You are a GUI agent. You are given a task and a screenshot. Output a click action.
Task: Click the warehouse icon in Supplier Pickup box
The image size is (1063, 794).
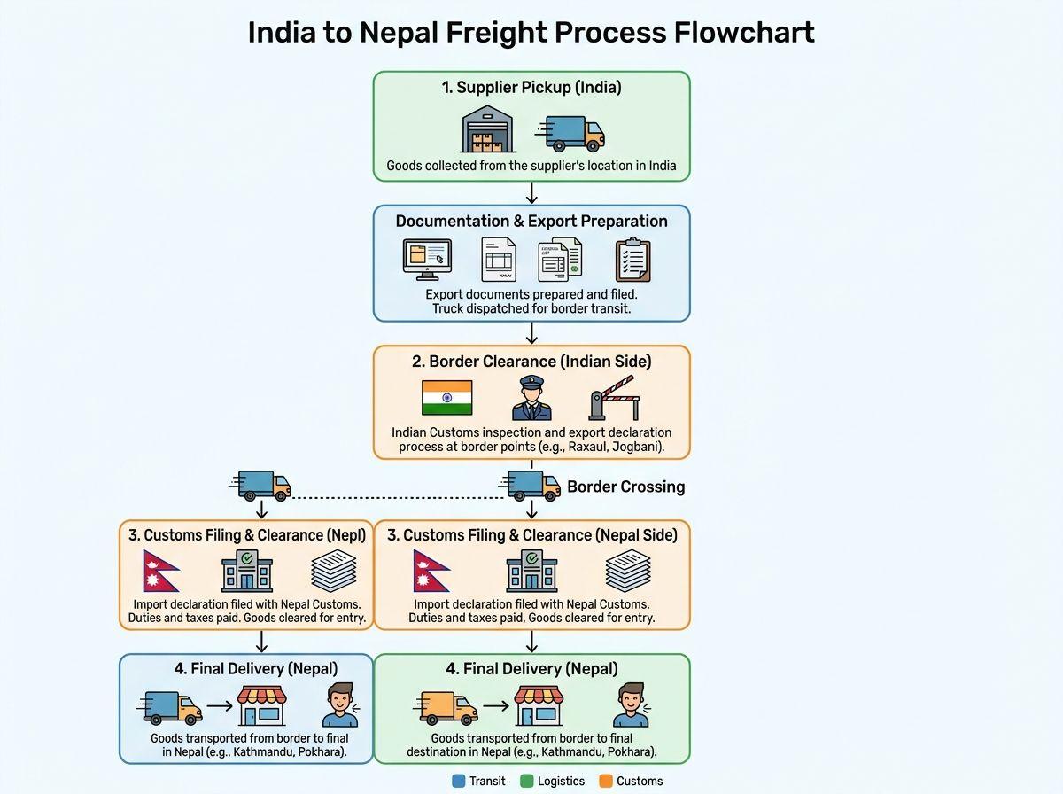488,131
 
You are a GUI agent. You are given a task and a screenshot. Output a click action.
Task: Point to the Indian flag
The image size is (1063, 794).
446,397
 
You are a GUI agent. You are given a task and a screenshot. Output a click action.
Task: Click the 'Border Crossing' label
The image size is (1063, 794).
625,487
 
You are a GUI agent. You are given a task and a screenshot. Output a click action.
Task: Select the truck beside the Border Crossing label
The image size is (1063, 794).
531,486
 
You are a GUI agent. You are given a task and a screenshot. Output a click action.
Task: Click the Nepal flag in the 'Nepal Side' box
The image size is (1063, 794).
431,571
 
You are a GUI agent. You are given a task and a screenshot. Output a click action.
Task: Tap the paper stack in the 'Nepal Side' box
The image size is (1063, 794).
629,571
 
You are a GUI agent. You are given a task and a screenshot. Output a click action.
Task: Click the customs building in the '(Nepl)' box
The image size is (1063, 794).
246,571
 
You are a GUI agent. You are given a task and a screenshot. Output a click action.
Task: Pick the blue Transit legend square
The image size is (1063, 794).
458,781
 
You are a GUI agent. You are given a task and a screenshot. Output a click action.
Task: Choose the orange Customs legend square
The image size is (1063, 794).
606,781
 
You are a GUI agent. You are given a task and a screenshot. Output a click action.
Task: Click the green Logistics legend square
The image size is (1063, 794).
526,781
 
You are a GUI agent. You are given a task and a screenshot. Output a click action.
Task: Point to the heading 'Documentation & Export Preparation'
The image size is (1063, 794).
531,221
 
